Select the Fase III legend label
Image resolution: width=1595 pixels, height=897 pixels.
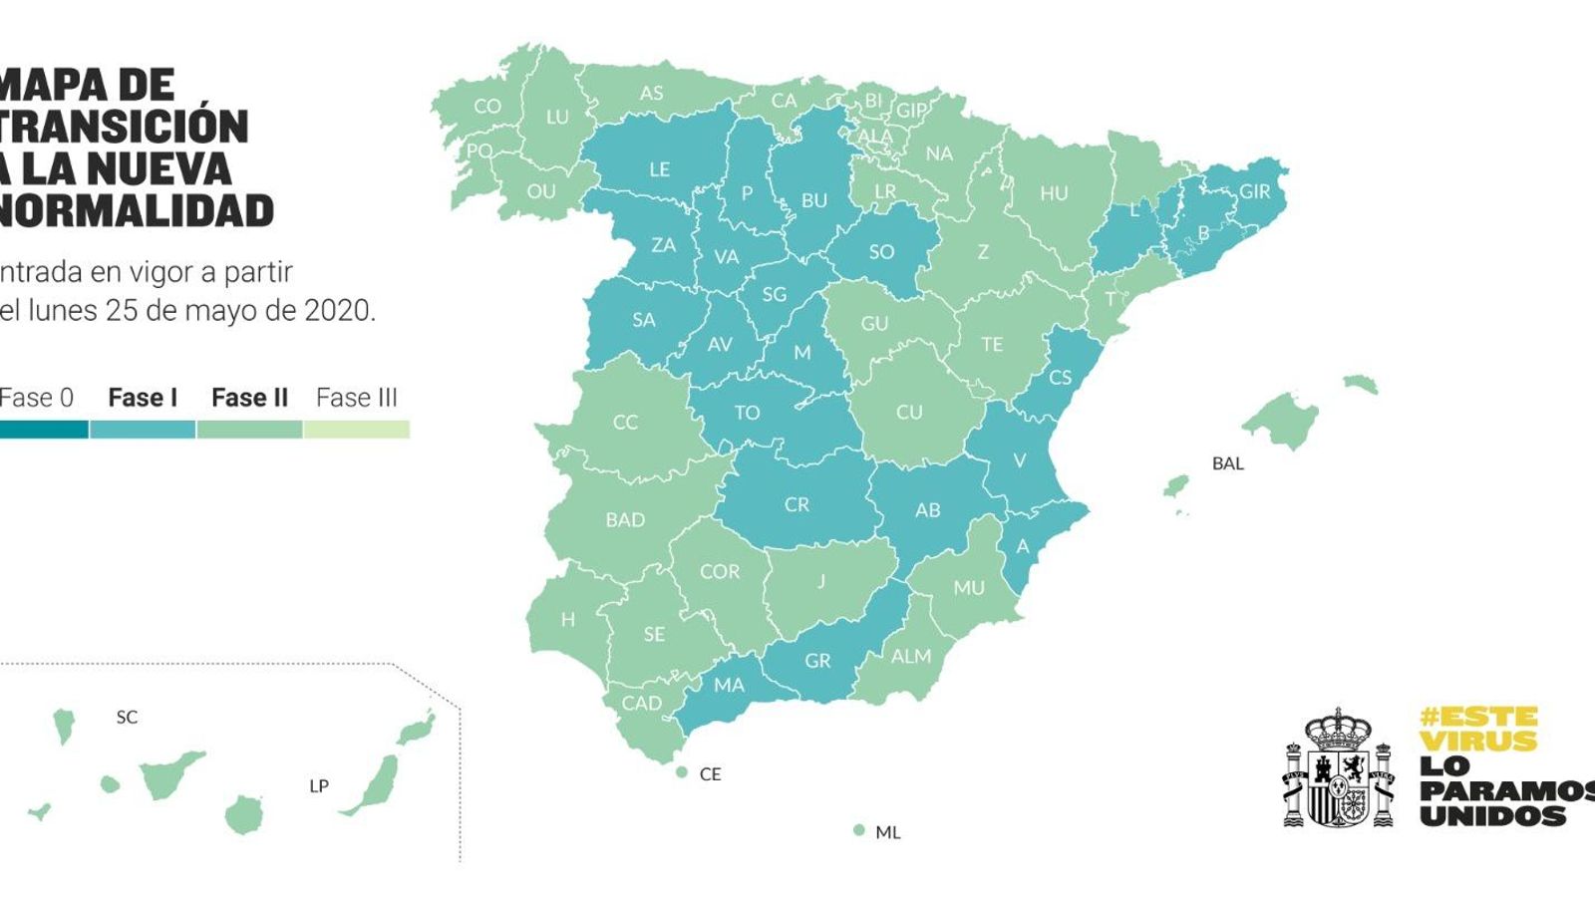coord(356,398)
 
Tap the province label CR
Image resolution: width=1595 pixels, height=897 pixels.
coord(797,505)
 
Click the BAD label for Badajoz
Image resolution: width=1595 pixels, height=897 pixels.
coord(625,520)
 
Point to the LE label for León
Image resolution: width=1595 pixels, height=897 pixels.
coord(660,169)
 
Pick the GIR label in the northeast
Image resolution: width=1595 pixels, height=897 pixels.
coord(1254,191)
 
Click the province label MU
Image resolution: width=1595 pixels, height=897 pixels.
coord(968,588)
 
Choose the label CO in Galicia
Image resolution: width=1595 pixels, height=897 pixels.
coord(487,107)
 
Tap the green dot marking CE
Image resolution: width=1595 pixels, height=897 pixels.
coord(682,772)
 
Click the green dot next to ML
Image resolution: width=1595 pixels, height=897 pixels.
coord(858,830)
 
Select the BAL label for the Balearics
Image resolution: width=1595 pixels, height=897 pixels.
coord(1227,463)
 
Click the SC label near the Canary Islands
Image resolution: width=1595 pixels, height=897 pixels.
coord(127,717)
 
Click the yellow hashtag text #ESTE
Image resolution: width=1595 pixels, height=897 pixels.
coord(1478,717)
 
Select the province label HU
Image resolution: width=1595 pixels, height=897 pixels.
coord(1054,193)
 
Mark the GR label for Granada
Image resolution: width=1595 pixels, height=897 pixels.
coord(817,661)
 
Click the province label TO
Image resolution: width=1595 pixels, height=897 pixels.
coord(747,413)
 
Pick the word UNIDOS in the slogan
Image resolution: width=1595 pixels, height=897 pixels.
coord(1492,815)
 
